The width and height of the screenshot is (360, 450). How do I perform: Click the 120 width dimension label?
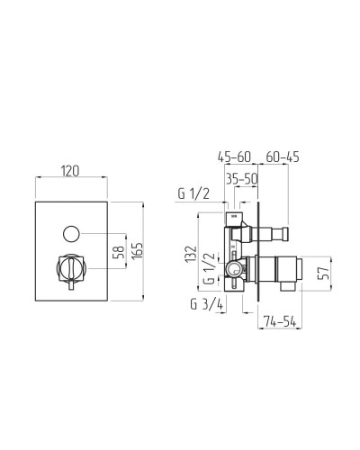click(70, 171)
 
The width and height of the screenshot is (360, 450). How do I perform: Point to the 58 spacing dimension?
click(119, 252)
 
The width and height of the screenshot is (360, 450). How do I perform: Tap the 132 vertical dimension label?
click(191, 255)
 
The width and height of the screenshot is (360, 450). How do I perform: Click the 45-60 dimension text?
click(234, 157)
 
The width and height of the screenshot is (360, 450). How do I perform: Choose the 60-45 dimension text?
click(283, 157)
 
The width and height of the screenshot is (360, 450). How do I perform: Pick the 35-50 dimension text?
click(242, 179)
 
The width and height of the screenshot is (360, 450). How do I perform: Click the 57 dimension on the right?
click(324, 273)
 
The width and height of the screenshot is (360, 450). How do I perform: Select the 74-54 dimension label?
click(280, 321)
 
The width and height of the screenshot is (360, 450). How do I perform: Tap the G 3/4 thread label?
click(207, 305)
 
